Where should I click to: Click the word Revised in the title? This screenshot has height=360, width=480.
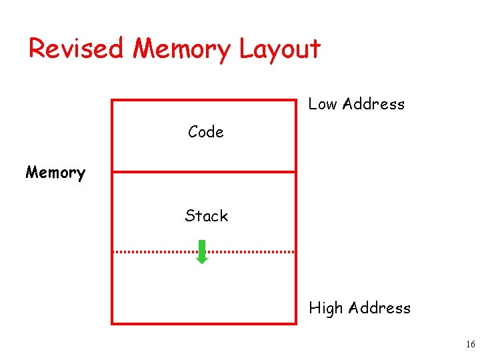76,49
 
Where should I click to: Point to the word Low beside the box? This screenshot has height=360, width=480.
322,104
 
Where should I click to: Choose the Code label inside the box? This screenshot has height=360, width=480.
205,132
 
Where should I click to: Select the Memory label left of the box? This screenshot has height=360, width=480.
55,173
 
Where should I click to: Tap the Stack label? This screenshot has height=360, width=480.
206,216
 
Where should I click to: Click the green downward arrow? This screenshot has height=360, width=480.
202,253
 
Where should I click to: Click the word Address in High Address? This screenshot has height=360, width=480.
379,308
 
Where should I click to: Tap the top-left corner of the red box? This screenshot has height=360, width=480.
112,101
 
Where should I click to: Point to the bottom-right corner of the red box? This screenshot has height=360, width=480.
295,323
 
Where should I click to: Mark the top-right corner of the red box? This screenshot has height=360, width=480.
295,101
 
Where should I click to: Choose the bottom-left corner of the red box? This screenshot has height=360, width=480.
112,323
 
